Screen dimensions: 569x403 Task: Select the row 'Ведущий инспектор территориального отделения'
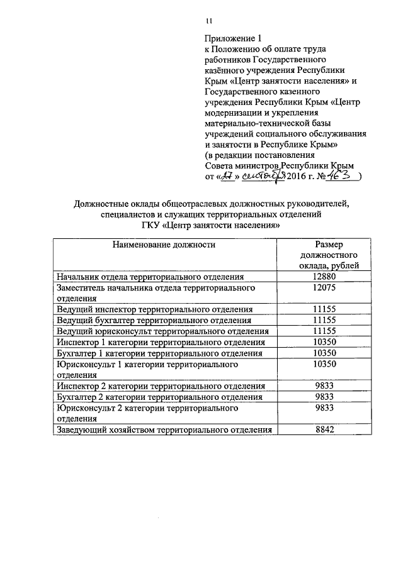point(154,309)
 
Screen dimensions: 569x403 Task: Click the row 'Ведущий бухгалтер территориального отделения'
point(154,320)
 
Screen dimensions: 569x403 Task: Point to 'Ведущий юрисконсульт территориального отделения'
point(162,331)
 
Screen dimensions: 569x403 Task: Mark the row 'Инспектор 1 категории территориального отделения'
point(160,342)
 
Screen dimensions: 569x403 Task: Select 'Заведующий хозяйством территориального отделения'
point(164,430)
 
